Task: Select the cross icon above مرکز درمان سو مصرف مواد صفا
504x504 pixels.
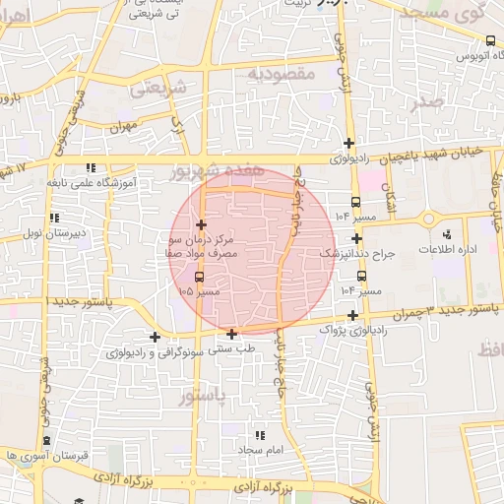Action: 201,225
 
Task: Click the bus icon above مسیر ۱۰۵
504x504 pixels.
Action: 200,278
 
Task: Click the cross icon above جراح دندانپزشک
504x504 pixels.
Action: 356,238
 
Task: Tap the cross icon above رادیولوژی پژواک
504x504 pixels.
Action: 352,315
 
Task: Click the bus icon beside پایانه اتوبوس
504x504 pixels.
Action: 490,40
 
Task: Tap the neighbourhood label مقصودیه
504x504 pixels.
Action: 281,74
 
